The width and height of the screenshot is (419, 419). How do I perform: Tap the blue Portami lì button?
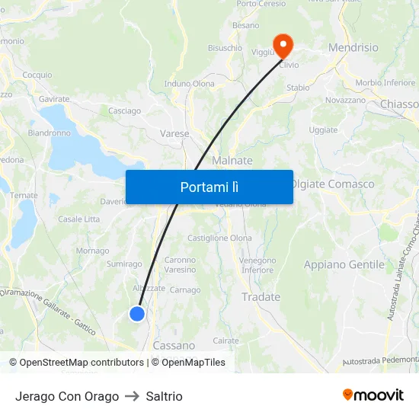(209, 187)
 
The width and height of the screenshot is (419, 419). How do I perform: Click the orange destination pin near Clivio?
(283, 45)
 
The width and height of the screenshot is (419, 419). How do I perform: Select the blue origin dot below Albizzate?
(137, 313)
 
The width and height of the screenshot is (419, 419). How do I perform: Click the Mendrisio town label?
(353, 47)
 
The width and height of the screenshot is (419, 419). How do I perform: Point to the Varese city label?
(174, 133)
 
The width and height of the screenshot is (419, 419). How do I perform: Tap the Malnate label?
(232, 161)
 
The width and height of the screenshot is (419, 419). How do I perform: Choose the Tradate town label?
(261, 297)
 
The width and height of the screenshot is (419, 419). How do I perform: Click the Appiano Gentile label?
(344, 264)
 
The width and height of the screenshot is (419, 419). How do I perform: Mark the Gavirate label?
(54, 99)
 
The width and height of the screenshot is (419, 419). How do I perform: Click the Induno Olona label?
(189, 83)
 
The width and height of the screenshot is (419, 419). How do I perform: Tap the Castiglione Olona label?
(219, 238)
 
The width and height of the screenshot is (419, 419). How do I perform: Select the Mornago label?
(92, 251)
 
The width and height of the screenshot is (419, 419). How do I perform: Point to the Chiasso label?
(399, 104)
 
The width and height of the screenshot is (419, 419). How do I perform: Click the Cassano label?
(174, 345)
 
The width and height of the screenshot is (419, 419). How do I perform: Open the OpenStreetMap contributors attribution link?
(76, 363)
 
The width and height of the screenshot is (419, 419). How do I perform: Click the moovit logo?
(373, 395)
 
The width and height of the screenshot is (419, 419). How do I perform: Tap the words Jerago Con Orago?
(67, 396)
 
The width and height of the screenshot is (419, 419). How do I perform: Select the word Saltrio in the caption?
(164, 396)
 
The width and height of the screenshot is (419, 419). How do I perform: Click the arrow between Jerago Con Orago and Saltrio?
(132, 396)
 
